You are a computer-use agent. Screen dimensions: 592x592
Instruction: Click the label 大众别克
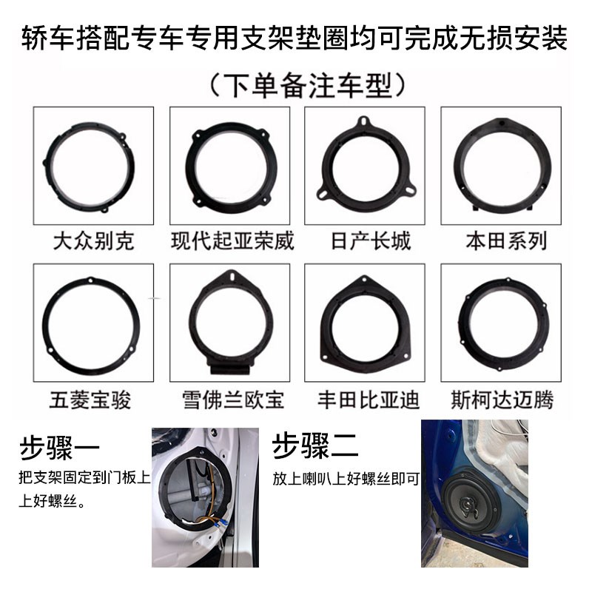pyautogui.click(x=94, y=240)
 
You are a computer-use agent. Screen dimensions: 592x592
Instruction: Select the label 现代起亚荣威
pyautogui.click(x=232, y=240)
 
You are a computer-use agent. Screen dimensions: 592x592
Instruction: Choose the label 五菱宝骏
pyautogui.click(x=94, y=400)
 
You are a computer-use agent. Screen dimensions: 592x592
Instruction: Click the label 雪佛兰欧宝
pyautogui.click(x=232, y=400)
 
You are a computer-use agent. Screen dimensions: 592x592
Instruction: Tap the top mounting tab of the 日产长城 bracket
pyautogui.click(x=363, y=121)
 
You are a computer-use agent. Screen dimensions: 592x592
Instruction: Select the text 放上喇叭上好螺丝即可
pyautogui.click(x=346, y=479)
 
